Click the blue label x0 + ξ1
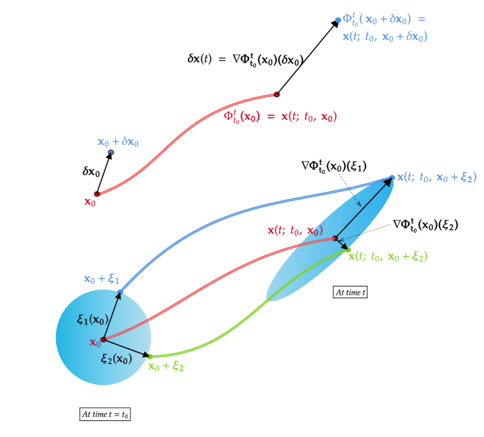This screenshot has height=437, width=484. tap(101, 280)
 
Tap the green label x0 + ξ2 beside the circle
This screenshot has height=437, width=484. tap(166, 366)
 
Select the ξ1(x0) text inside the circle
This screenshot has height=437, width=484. tap(92, 320)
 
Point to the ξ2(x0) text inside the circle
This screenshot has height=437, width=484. tap(116, 359)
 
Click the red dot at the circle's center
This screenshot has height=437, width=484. tap(103, 340)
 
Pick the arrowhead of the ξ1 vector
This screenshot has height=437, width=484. tap(119, 295)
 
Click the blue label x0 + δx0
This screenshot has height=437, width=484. tap(118, 142)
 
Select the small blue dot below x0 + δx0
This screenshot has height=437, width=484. tap(110, 152)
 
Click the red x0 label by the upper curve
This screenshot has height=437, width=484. tap(90, 202)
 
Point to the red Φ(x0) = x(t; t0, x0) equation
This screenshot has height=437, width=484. tap(280, 117)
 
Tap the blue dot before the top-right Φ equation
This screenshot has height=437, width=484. tap(338, 20)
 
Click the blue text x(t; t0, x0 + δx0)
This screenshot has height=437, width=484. tap(385, 37)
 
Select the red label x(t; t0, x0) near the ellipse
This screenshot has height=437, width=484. tap(295, 230)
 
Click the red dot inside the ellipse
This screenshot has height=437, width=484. tap(335, 238)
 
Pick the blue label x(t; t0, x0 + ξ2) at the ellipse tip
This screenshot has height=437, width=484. tap(436, 178)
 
